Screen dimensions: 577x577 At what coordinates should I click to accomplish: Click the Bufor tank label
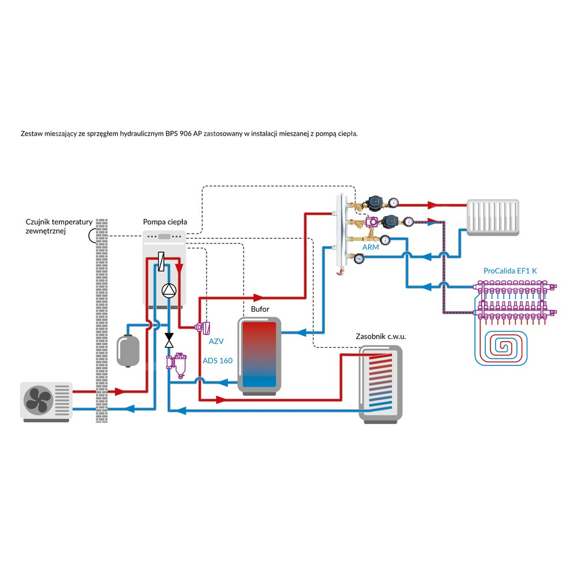point(260,310)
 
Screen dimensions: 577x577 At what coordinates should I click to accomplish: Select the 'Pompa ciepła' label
point(165,222)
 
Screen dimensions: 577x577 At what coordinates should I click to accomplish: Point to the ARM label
point(370,247)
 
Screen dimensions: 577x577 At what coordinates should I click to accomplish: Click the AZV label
point(216,342)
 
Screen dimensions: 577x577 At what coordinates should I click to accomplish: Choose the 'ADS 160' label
point(218,361)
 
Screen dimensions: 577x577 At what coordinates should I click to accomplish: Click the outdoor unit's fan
point(38,399)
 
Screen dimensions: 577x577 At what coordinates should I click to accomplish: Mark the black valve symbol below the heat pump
point(170,340)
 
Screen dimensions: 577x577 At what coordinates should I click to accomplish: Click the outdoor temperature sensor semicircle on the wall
point(92,235)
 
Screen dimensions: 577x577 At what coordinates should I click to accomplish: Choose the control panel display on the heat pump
point(164,236)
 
